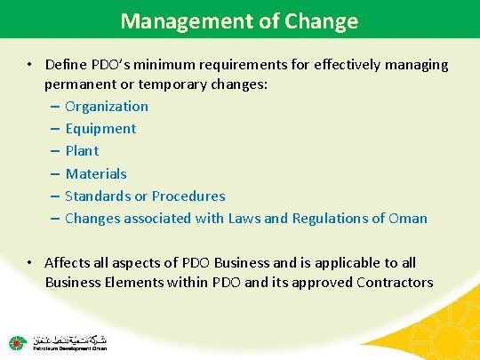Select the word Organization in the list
pyautogui.click(x=107, y=107)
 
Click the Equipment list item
pyautogui.click(x=100, y=129)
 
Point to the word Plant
pyautogui.click(x=82, y=151)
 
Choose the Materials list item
pyautogui.click(x=96, y=173)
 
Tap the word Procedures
pyautogui.click(x=188, y=196)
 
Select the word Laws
pyautogui.click(x=252, y=218)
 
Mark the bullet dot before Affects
pyautogui.click(x=30, y=263)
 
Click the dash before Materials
pyautogui.click(x=55, y=173)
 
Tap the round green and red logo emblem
pyautogui.click(x=16, y=343)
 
